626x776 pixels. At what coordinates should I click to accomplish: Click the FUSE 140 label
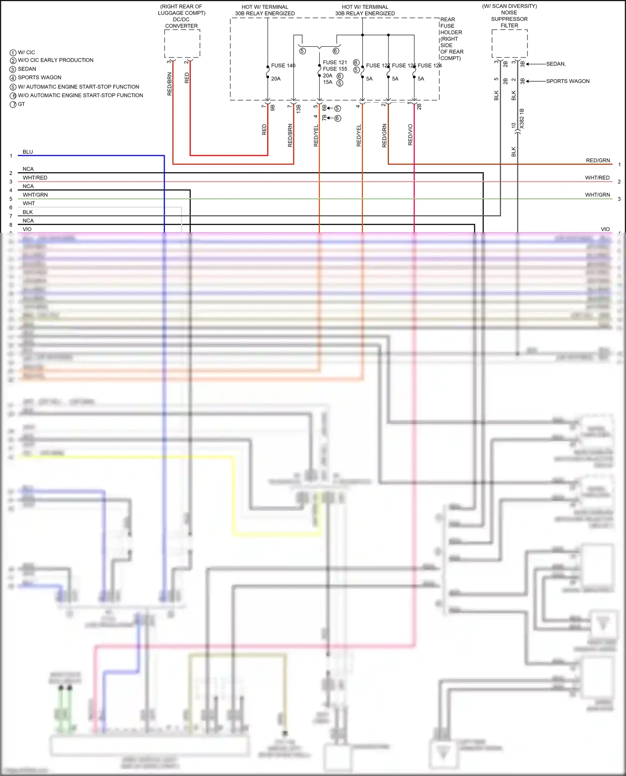click(x=283, y=65)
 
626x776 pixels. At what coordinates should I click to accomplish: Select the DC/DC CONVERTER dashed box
click(x=182, y=43)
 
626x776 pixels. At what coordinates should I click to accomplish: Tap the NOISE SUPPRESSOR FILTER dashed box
click(x=510, y=43)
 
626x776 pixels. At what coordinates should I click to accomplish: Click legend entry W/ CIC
click(x=26, y=53)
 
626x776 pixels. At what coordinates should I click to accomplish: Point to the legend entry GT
click(x=21, y=104)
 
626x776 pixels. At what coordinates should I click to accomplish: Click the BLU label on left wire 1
click(x=28, y=152)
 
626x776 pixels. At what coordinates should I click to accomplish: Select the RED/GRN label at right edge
click(x=598, y=161)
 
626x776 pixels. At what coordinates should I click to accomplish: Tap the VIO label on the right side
click(x=605, y=229)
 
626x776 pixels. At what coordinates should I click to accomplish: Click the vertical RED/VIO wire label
click(x=410, y=135)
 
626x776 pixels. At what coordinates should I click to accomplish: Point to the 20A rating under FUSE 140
click(x=276, y=79)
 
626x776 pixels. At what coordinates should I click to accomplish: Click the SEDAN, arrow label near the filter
click(x=555, y=64)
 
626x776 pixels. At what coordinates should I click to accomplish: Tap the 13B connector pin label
click(x=299, y=109)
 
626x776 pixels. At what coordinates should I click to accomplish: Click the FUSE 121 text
click(x=335, y=63)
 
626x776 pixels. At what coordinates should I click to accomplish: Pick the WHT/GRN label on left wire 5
click(x=35, y=195)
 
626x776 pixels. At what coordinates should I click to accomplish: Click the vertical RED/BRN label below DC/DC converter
click(x=169, y=84)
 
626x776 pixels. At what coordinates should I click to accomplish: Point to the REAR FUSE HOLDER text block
click(x=451, y=39)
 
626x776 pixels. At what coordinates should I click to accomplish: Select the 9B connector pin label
click(x=273, y=107)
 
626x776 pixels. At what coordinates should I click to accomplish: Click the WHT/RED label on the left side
click(x=35, y=178)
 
